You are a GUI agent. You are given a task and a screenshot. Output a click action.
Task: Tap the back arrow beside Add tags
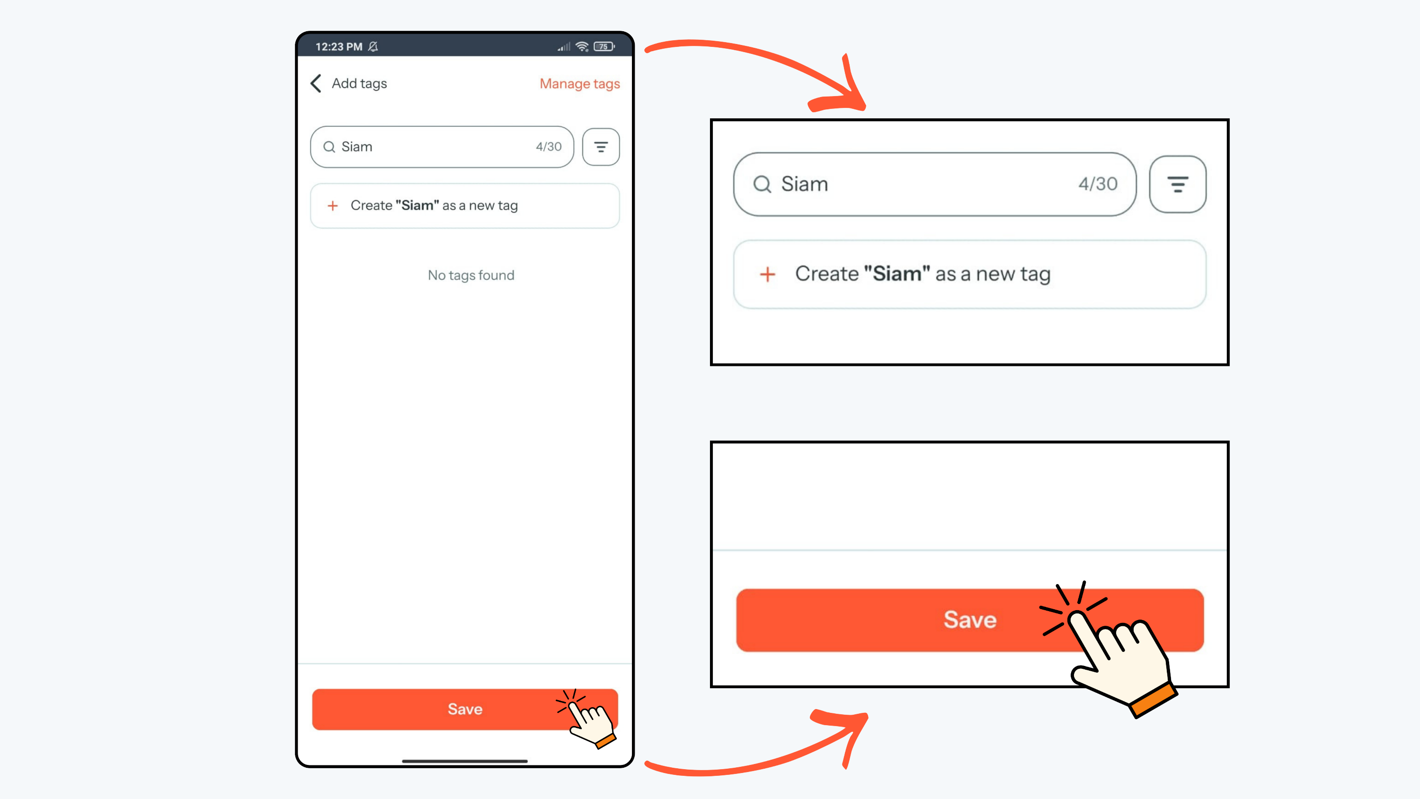316,83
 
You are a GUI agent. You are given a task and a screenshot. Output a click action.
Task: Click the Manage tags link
579,84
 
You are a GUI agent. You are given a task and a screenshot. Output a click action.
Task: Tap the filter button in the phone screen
601,147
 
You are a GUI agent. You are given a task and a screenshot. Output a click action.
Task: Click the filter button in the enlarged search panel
1178,184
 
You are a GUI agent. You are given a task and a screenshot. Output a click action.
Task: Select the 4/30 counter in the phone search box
549,147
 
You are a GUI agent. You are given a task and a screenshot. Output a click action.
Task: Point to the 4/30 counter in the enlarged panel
1098,184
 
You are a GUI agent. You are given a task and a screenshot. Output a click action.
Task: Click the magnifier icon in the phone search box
329,147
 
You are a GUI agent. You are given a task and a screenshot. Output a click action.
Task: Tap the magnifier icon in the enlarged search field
763,184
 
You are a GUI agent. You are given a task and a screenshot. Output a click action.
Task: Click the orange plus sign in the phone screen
332,206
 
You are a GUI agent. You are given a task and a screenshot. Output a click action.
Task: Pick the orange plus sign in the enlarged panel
767,274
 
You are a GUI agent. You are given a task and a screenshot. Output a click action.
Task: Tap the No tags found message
471,275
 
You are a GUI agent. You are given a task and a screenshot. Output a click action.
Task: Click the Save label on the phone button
465,709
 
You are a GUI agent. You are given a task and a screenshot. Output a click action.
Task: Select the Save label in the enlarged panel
970,620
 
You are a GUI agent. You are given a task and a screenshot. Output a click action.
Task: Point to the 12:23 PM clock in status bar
338,47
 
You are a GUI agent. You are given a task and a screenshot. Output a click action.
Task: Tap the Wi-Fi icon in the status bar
582,47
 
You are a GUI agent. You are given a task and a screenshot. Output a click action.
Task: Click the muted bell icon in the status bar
373,47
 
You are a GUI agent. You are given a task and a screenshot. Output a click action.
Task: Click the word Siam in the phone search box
356,147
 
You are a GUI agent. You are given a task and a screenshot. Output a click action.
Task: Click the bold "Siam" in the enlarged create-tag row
897,274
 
